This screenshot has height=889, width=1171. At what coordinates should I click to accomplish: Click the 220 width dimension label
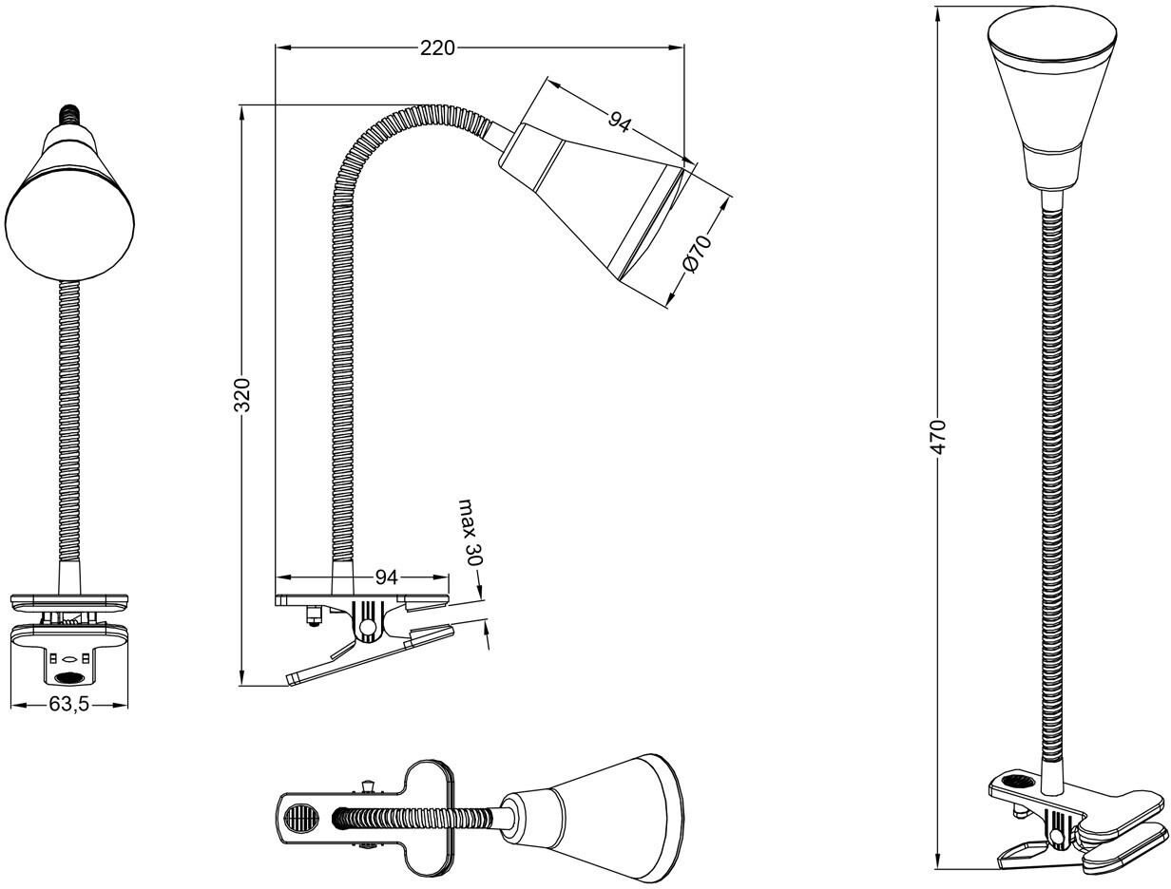point(437,47)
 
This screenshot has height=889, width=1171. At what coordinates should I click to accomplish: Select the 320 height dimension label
point(243,394)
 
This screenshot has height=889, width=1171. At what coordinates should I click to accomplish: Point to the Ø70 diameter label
point(697,255)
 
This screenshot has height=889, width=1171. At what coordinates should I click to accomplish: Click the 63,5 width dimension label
point(68,705)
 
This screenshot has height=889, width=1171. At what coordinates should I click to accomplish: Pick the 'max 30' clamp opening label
point(470,532)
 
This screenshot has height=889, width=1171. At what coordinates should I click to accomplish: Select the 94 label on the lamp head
point(620,122)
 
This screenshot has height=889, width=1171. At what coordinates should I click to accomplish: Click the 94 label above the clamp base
point(386,577)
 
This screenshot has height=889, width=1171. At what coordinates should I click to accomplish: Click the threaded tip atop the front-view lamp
point(69,115)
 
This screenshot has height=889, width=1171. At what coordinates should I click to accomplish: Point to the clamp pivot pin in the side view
point(367,626)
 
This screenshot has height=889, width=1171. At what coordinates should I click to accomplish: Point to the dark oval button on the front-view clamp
point(68,677)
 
